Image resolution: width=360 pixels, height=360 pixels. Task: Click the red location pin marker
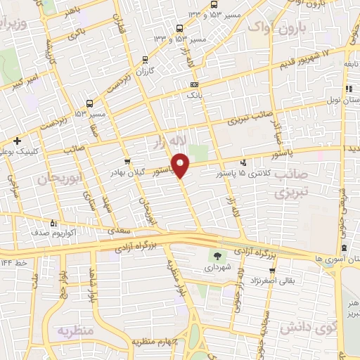pyautogui.click(x=181, y=165)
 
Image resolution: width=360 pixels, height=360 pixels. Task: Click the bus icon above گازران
pyautogui.click(x=145, y=60)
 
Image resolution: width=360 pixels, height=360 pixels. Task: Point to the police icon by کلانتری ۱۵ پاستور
pyautogui.click(x=243, y=162)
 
